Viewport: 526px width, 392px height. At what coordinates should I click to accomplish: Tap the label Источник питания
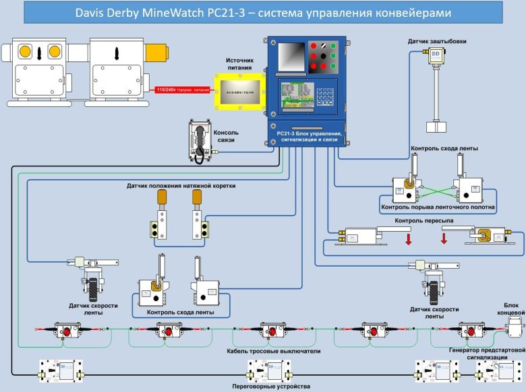click(240, 64)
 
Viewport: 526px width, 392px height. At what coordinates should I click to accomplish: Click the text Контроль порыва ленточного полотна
click(438, 207)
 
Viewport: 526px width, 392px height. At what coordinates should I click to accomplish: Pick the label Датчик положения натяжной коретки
click(181, 185)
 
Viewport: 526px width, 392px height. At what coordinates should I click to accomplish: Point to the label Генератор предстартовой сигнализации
click(487, 354)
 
